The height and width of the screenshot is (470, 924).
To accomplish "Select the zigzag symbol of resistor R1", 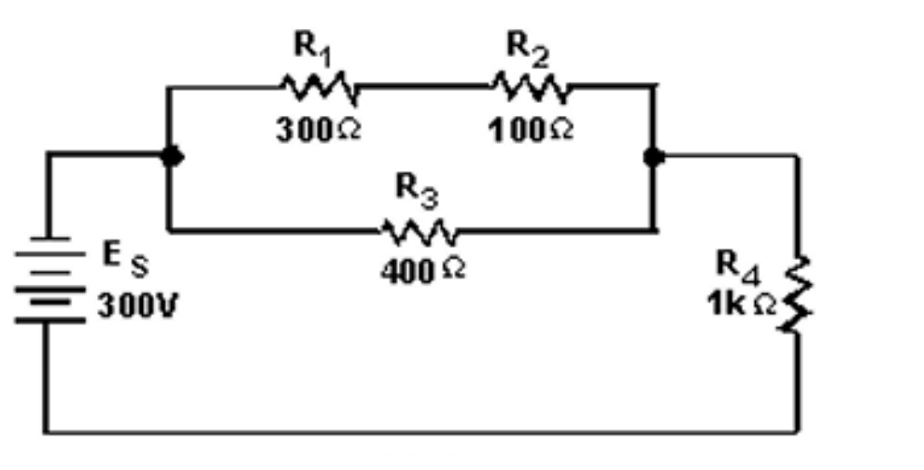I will pos(318,88).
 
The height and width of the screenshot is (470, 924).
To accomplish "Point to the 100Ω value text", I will pos(530,131).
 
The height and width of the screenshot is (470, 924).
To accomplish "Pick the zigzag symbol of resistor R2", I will pos(528,88).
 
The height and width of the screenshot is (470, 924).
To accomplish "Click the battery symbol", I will pos(44,280).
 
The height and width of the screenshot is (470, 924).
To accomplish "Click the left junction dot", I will pos(170,157).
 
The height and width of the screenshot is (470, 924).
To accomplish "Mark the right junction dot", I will pos(655,157).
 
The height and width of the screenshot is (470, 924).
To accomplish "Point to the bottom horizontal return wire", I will pos(420,432).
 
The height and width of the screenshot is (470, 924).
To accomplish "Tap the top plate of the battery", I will pos(44,242).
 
